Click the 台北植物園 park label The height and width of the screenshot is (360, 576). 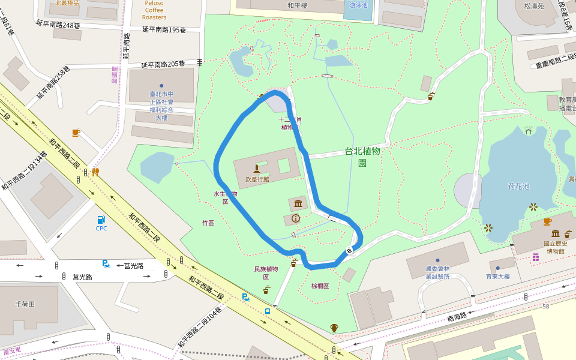click(362, 157)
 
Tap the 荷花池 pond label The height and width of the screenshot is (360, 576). click(518, 187)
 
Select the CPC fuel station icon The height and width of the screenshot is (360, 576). click(101, 220)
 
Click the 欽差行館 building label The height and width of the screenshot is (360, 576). click(257, 179)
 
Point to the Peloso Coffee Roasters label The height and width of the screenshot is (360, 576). click(154, 10)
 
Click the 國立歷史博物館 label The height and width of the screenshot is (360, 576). click(554, 247)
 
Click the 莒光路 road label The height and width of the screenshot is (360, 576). click(82, 277)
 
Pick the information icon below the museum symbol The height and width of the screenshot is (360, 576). click(295, 218)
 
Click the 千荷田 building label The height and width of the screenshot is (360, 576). click(26, 304)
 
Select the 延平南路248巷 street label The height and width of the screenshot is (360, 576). click(58, 26)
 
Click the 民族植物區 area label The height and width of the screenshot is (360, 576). click(266, 273)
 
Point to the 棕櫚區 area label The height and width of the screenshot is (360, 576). click(320, 286)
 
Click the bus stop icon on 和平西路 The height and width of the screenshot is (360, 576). click(267, 311)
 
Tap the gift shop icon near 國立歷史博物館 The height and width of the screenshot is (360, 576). click(535, 257)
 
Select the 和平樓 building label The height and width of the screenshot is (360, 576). click(297, 5)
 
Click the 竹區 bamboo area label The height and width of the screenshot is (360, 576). click(208, 223)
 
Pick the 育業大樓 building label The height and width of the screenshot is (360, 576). click(497, 277)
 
